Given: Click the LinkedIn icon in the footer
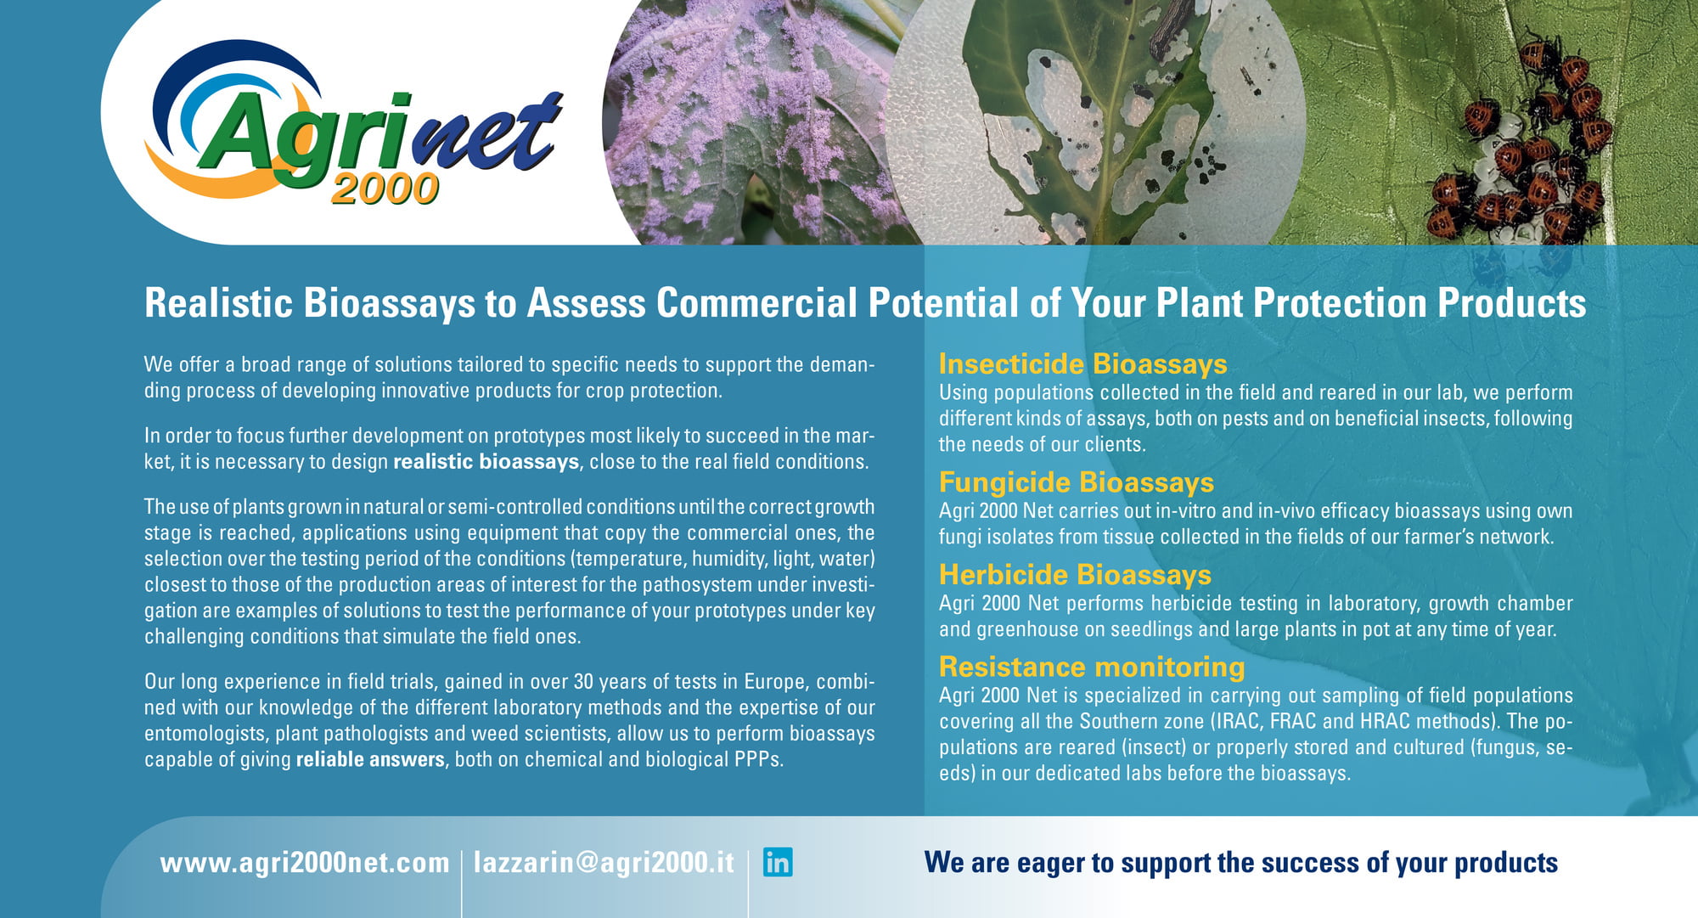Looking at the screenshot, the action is [x=778, y=862].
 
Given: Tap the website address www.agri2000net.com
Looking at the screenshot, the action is [x=305, y=863].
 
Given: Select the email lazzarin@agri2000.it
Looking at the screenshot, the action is [x=604, y=863].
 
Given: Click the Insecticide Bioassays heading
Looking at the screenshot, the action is [x=1082, y=364].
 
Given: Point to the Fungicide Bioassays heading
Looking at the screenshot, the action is [x=1076, y=482].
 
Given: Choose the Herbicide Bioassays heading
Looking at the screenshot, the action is [x=1075, y=575].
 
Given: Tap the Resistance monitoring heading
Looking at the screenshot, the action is [x=1092, y=667].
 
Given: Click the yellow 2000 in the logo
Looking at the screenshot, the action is [x=385, y=189].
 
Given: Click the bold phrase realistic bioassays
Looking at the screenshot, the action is [x=486, y=462].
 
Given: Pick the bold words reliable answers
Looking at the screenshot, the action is [x=370, y=759].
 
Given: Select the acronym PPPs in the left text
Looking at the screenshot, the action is [x=758, y=759].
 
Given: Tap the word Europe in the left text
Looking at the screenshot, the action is [x=777, y=682].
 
